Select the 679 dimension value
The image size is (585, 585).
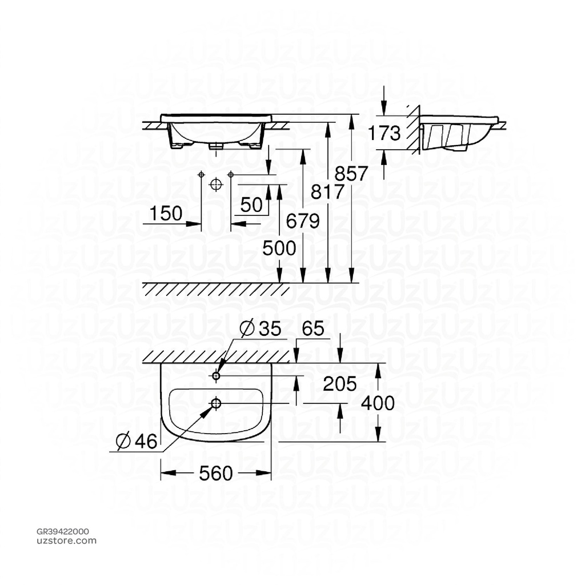(x=302, y=221)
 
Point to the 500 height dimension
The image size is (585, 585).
(x=279, y=248)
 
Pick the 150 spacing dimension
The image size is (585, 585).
(x=166, y=214)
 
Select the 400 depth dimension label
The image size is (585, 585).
(x=378, y=403)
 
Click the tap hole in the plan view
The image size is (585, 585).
(x=217, y=375)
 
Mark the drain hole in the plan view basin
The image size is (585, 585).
(x=216, y=404)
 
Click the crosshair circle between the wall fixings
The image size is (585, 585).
(x=215, y=184)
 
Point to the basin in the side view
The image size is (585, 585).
(x=457, y=133)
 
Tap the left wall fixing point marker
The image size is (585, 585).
(x=201, y=174)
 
